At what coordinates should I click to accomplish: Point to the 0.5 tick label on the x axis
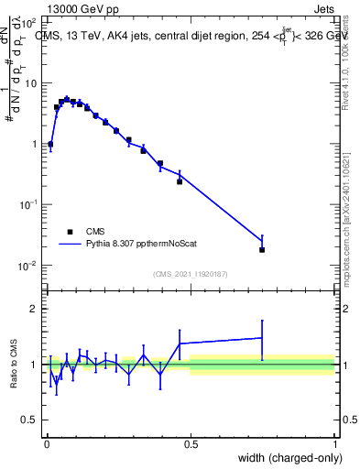(191, 444)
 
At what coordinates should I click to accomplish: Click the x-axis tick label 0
(46, 444)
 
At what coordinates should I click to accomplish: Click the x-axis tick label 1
(334, 444)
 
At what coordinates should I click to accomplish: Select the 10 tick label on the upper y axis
(32, 83)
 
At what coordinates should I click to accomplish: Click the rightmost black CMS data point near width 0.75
(262, 249)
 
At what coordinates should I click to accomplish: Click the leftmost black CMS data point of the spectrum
(50, 144)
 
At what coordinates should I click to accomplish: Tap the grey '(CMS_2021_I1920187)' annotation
(191, 272)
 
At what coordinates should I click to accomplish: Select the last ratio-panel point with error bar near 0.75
(262, 338)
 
